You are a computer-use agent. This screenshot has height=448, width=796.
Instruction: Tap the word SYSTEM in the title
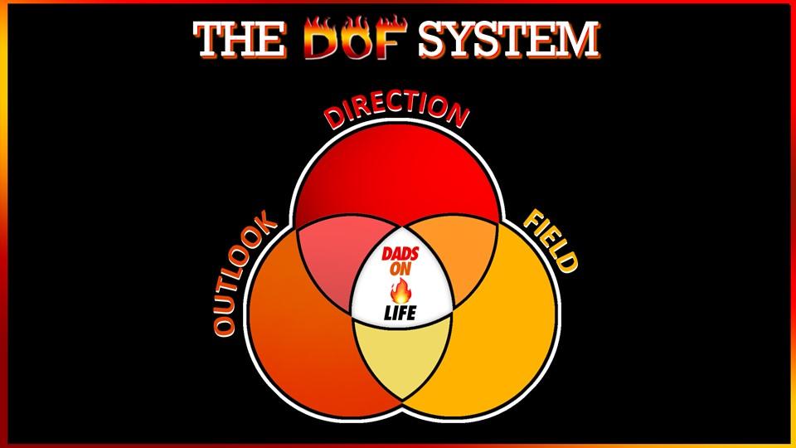click(x=507, y=40)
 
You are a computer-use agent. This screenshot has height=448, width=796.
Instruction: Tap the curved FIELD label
click(x=548, y=241)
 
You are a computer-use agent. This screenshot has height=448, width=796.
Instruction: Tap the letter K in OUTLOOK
click(x=264, y=225)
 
